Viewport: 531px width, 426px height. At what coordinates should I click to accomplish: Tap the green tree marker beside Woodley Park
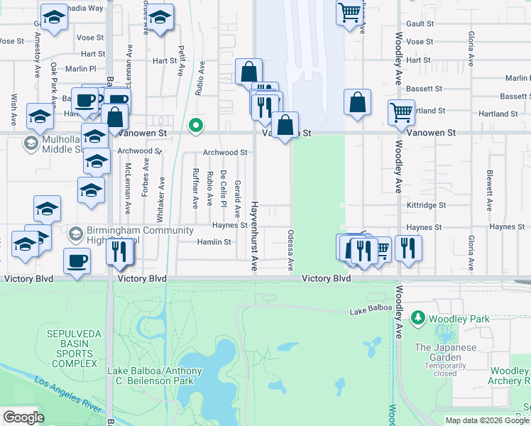(x=419, y=317)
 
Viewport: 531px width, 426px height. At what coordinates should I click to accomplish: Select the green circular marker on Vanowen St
(x=196, y=126)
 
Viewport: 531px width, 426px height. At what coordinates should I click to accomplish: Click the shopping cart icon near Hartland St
(x=401, y=111)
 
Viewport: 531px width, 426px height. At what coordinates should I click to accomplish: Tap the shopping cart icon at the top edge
(x=349, y=12)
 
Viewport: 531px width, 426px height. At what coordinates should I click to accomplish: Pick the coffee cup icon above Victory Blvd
(x=77, y=260)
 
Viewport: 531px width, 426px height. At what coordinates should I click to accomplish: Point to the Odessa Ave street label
(x=290, y=249)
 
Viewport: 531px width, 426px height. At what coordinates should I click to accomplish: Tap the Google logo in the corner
(x=23, y=417)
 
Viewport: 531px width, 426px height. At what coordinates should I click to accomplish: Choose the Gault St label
(x=420, y=23)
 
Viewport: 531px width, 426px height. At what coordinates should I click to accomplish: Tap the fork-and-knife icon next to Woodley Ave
(x=408, y=247)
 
